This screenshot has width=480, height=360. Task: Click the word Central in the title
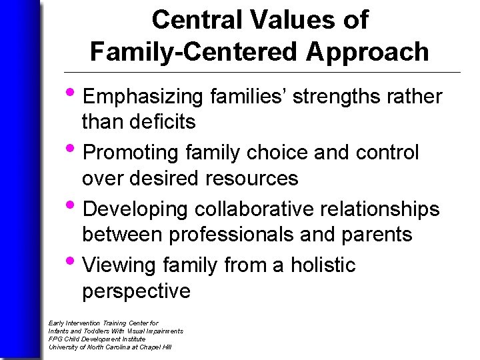[192, 20]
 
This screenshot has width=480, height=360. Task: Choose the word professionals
[254, 235]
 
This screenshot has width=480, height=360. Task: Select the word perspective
[136, 291]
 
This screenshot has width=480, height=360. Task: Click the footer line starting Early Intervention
[103, 323]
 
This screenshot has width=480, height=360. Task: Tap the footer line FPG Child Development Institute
[97, 339]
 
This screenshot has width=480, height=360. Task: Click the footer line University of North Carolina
[110, 347]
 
